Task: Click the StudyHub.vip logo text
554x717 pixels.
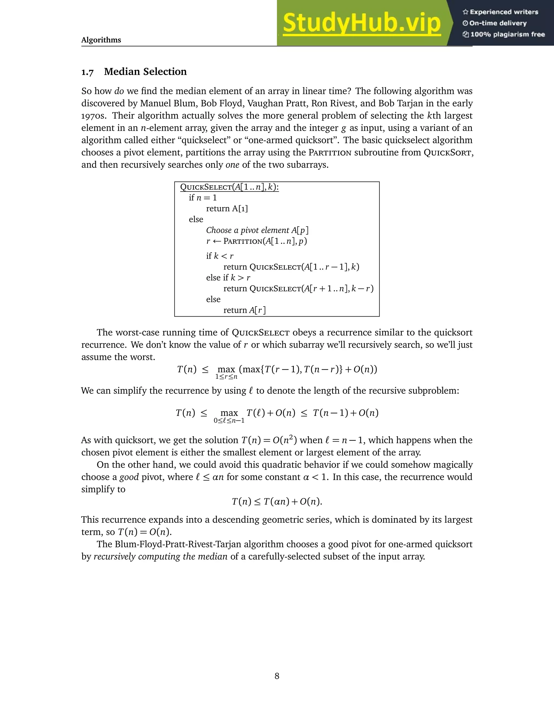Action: click(361, 23)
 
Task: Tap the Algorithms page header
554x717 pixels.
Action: click(101, 40)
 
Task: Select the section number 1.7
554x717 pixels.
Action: click(87, 72)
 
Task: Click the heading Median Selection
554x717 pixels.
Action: click(145, 72)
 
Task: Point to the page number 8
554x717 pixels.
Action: click(277, 676)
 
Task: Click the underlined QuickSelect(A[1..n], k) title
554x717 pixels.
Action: click(229, 187)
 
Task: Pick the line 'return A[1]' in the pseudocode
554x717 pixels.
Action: click(227, 208)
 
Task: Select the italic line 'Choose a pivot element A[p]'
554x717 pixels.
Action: click(257, 230)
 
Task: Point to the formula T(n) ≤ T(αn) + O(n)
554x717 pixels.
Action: click(277, 502)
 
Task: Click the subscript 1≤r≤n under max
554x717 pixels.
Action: click(226, 377)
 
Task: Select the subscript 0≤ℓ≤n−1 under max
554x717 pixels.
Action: click(229, 420)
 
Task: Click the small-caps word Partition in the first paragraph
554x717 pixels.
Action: click(329, 153)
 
